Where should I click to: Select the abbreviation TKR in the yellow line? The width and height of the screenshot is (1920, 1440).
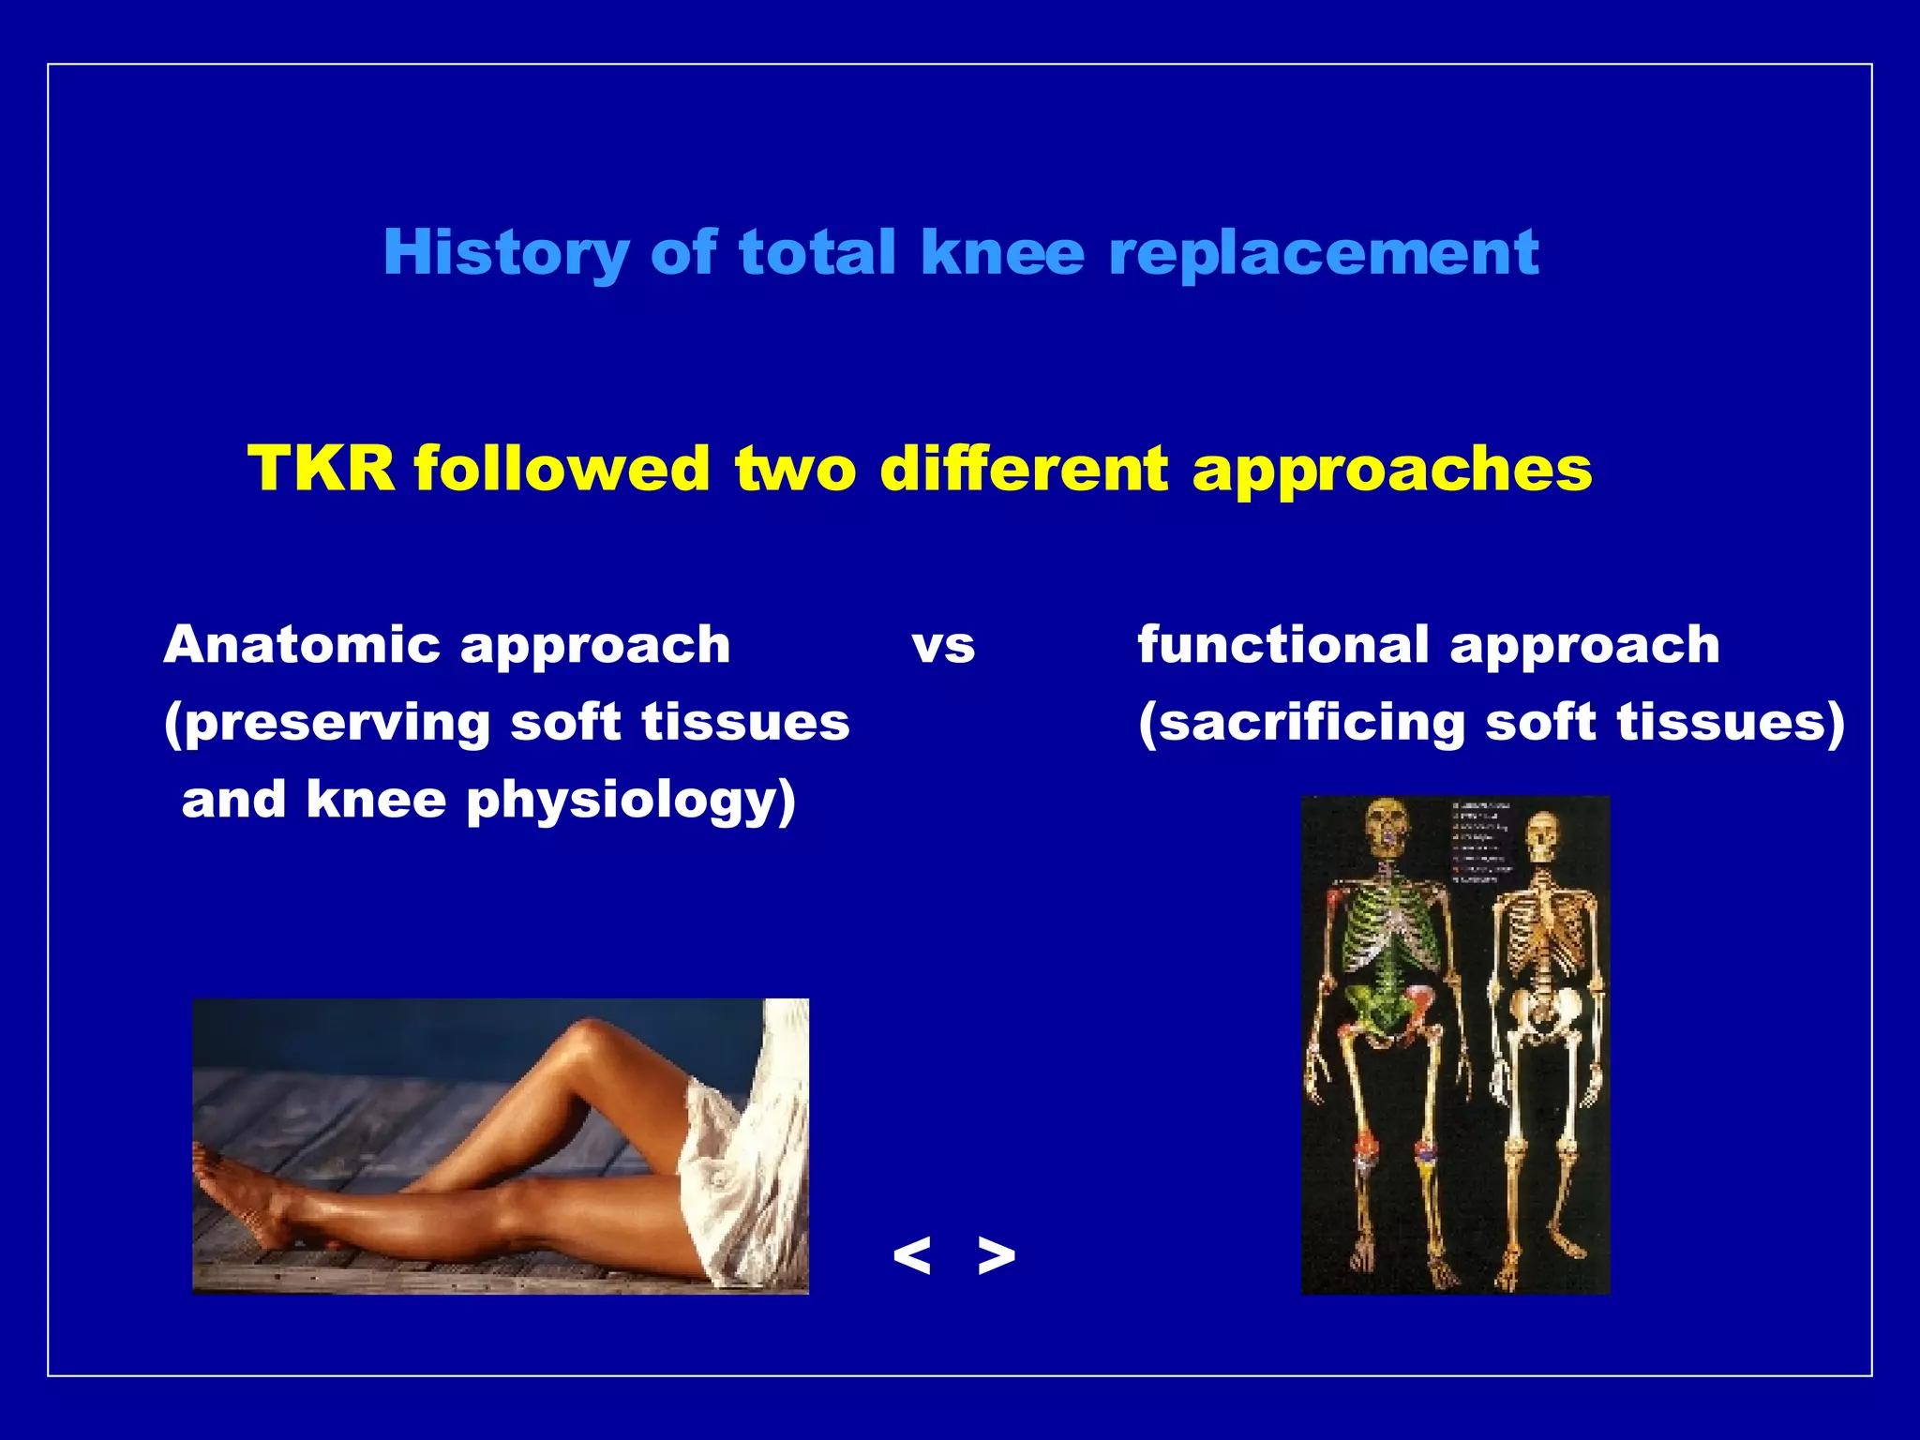(321, 468)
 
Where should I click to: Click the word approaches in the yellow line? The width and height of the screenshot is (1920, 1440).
(1391, 468)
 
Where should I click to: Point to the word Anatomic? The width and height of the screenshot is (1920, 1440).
(301, 645)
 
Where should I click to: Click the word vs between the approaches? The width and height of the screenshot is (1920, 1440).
(943, 647)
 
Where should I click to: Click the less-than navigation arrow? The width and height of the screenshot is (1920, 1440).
(911, 1255)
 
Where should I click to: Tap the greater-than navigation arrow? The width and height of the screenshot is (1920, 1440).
(996, 1255)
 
